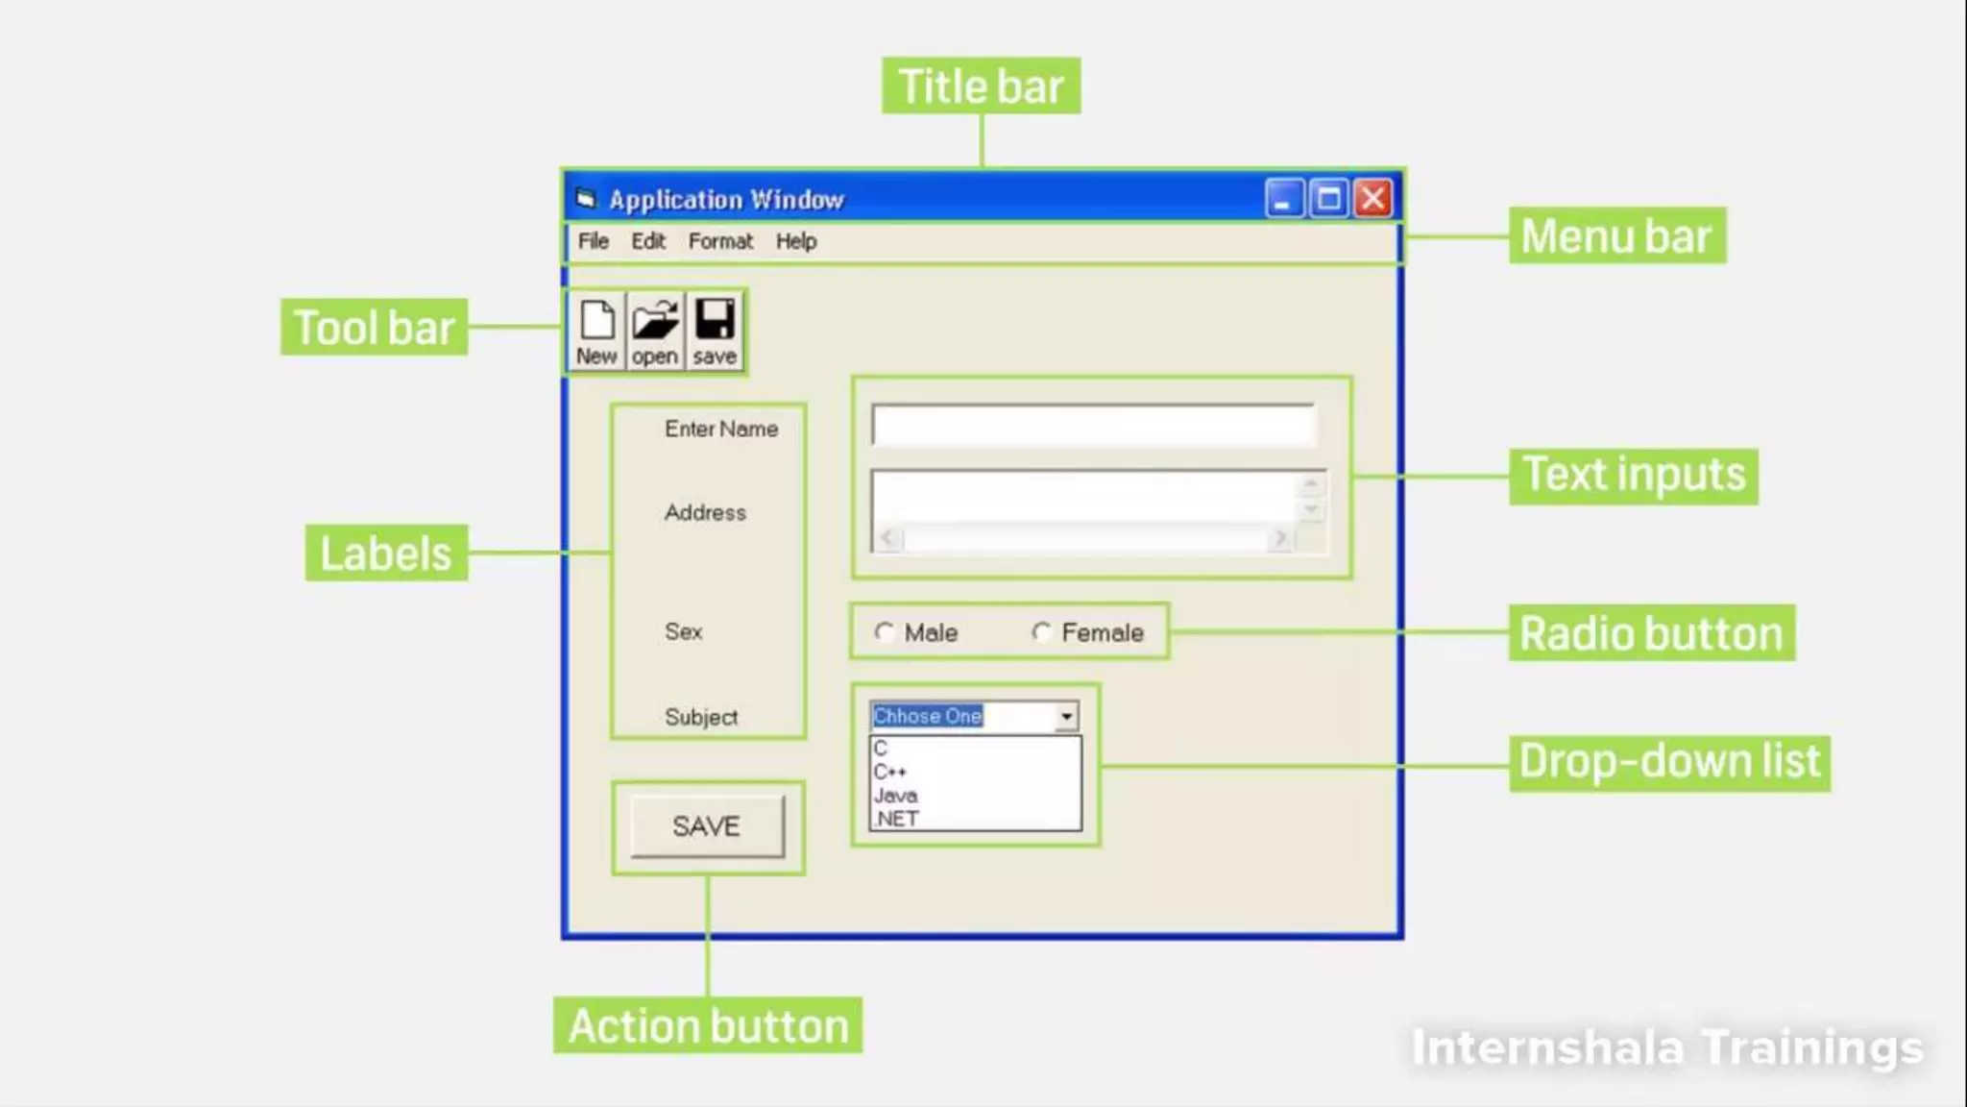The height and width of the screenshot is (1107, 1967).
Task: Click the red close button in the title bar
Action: [1373, 199]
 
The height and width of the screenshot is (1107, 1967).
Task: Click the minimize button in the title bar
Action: [1283, 199]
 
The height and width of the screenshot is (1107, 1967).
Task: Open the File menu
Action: [593, 241]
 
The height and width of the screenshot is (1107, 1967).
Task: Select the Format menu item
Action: [720, 241]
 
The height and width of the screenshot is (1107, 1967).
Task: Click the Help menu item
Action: [796, 241]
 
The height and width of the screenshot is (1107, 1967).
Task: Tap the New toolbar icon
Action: [596, 331]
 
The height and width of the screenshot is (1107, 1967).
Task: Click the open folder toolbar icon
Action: [655, 331]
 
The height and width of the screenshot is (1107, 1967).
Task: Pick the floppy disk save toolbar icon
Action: [715, 331]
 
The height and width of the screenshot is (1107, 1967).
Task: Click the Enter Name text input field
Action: [1092, 425]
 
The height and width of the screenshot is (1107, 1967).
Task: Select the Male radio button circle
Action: [884, 632]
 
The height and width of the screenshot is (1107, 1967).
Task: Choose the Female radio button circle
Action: [1041, 632]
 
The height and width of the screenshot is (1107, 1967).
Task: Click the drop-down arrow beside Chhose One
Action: [1066, 716]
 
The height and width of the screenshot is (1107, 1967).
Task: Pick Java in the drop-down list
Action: [895, 796]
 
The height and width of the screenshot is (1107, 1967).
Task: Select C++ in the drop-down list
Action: [890, 772]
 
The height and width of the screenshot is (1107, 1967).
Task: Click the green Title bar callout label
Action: [981, 86]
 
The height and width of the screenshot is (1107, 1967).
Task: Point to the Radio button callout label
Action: [1651, 633]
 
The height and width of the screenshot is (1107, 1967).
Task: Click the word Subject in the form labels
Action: [701, 717]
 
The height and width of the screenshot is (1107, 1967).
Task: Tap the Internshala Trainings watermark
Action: [1667, 1047]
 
